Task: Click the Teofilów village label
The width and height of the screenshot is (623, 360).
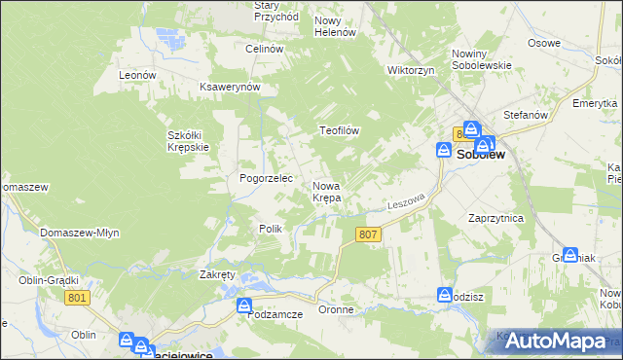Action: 341,130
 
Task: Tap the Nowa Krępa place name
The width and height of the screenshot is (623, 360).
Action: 326,192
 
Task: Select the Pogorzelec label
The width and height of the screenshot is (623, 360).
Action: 260,179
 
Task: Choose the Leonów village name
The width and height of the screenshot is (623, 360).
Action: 137,75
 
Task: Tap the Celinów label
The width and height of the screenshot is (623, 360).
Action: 264,49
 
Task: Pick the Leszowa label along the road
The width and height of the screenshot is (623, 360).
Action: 407,200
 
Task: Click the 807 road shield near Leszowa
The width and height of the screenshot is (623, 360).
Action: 368,234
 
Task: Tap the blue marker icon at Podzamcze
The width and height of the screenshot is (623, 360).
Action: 244,306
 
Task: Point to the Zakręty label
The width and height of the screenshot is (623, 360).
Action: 217,275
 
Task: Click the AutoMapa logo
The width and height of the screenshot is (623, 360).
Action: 558,340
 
